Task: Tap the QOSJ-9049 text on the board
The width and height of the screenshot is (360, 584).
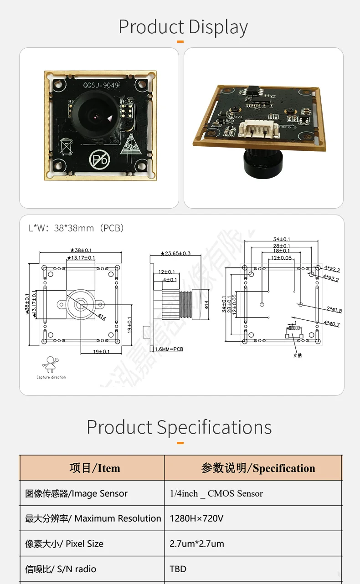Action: pos(101,85)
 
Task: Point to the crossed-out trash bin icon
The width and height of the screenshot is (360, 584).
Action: pos(67,148)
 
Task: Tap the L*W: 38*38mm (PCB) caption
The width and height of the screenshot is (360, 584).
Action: pos(76,228)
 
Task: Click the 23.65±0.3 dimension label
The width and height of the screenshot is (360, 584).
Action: pos(175,253)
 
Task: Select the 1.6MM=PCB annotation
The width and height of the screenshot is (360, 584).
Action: pos(169,349)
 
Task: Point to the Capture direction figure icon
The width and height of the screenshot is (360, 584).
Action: pos(51,365)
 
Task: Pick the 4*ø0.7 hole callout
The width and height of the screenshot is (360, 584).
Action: pos(331,324)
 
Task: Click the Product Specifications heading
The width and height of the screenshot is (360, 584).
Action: pos(179,427)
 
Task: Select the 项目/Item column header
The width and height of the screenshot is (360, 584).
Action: pos(94,468)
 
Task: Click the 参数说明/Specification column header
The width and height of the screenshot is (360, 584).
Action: pos(258,468)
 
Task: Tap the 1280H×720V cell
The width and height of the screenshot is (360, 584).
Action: pos(196,518)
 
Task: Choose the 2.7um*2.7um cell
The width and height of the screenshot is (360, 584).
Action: pos(197,543)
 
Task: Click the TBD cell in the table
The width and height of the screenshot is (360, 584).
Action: pos(178,569)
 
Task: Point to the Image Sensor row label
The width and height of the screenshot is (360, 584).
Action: pos(76,493)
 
